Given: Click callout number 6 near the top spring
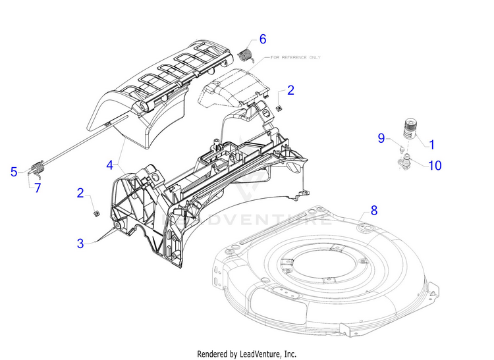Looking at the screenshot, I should (x=263, y=39).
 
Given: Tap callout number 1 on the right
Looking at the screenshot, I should (x=432, y=144).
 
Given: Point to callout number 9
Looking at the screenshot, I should (x=381, y=138).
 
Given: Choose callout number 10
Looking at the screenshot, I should (x=435, y=165).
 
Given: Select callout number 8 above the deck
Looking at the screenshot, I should (x=374, y=211).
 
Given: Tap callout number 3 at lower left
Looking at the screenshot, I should (x=80, y=243).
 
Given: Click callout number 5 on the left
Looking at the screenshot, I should (x=14, y=172).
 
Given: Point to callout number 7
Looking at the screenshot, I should (x=38, y=188).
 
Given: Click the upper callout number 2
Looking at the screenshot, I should (x=290, y=91).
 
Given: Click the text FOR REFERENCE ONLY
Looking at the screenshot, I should (x=294, y=58).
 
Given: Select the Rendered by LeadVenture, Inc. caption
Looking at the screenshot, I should (x=246, y=353).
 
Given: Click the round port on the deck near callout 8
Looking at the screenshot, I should (x=365, y=226).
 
